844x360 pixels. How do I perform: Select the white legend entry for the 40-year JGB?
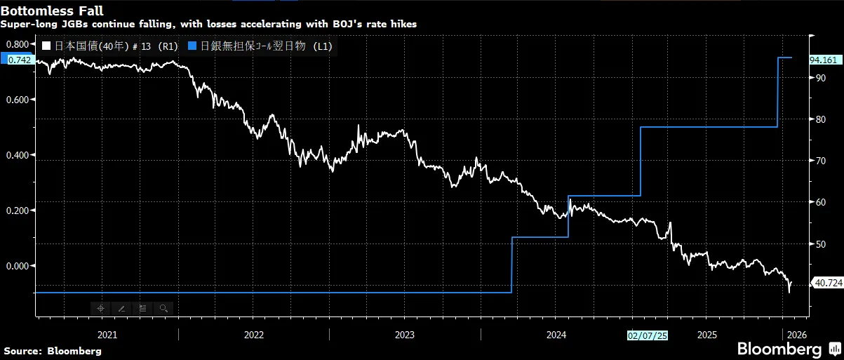pos(109,46)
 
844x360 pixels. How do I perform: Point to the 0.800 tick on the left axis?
pos(17,44)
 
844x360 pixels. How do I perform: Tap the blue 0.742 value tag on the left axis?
pos(17,60)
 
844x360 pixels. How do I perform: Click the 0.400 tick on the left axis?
pos(17,155)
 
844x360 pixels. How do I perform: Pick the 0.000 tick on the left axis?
pos(17,266)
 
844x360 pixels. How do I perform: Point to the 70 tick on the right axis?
pos(818,161)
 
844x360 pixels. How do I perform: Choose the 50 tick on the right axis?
pos(818,244)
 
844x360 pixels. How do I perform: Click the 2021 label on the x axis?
pos(107,335)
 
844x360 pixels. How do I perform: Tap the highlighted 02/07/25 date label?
pos(647,335)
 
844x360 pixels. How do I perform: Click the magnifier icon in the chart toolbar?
pos(163,308)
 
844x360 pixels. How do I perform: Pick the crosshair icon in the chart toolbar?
pos(100,308)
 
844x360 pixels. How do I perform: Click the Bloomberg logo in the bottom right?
pos(778,349)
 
